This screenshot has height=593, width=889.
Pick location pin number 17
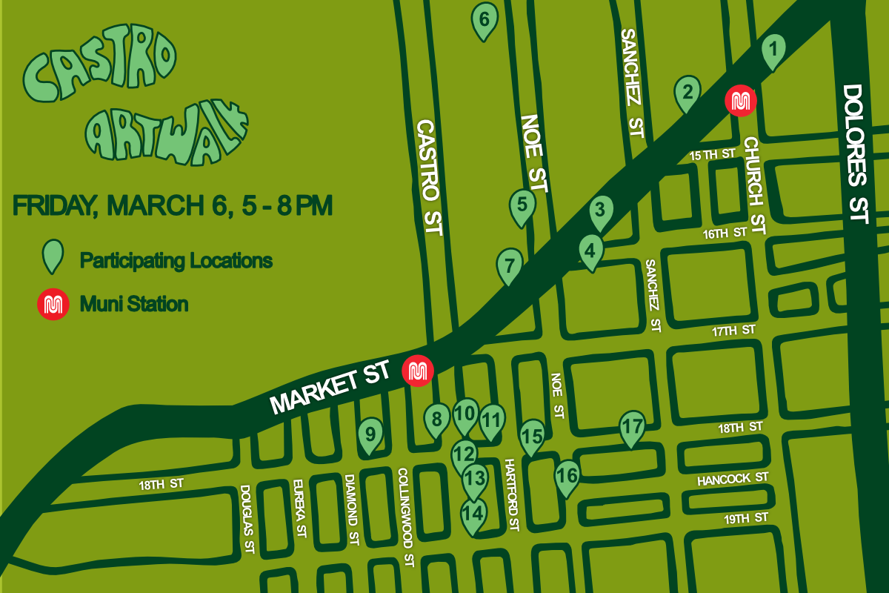[x=632, y=428]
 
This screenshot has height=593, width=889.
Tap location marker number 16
[x=567, y=476]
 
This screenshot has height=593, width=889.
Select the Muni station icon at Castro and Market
[x=417, y=371]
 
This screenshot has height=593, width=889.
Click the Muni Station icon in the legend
[x=53, y=304]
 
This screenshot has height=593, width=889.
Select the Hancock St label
[x=733, y=480]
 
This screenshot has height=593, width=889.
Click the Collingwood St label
[x=404, y=517]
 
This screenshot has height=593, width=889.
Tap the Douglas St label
[x=247, y=520]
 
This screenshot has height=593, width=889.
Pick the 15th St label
[x=711, y=155]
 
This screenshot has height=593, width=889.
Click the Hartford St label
[x=511, y=494]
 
